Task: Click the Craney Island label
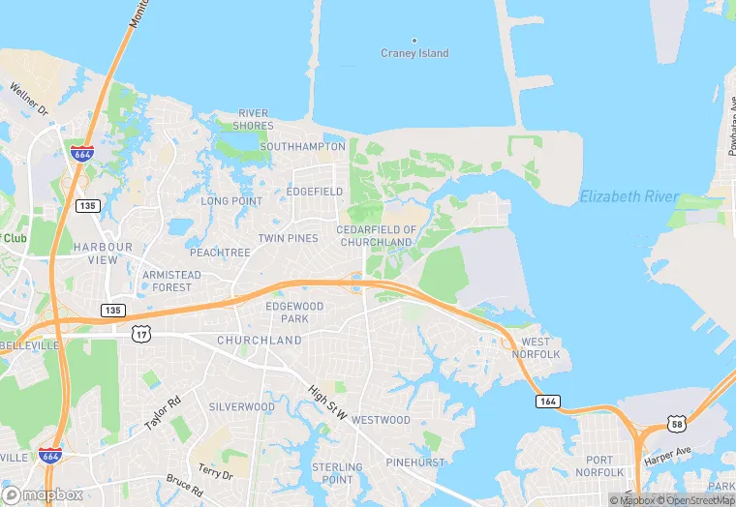click(x=415, y=53)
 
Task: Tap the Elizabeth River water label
click(x=629, y=197)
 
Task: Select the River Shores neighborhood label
click(x=254, y=120)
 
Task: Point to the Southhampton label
click(x=302, y=147)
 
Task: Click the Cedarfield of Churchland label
click(x=377, y=236)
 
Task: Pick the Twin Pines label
click(x=288, y=238)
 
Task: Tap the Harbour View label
click(x=102, y=253)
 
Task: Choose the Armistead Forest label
click(x=172, y=281)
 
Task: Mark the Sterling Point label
click(x=338, y=473)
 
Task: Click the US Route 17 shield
click(x=141, y=334)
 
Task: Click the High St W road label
click(x=326, y=401)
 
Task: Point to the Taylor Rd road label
click(x=162, y=413)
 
